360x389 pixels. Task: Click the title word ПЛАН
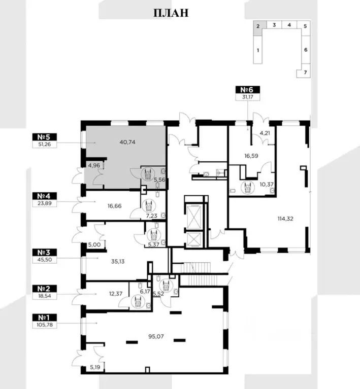point(171,13)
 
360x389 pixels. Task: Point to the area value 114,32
point(285,219)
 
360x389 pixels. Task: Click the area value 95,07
point(156,336)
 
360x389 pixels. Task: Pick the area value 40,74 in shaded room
point(127,142)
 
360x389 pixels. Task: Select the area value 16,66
point(115,206)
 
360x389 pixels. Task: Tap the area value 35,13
point(118,261)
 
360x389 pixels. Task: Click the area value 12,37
point(116,294)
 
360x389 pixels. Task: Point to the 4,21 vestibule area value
point(265,133)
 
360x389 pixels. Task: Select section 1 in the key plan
point(258,50)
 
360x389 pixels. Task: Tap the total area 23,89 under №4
point(45,203)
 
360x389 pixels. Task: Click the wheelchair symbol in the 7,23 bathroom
point(149,206)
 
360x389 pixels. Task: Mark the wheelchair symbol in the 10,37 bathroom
point(247,187)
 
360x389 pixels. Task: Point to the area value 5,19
point(95,367)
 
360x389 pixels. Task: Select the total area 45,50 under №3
point(45,260)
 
